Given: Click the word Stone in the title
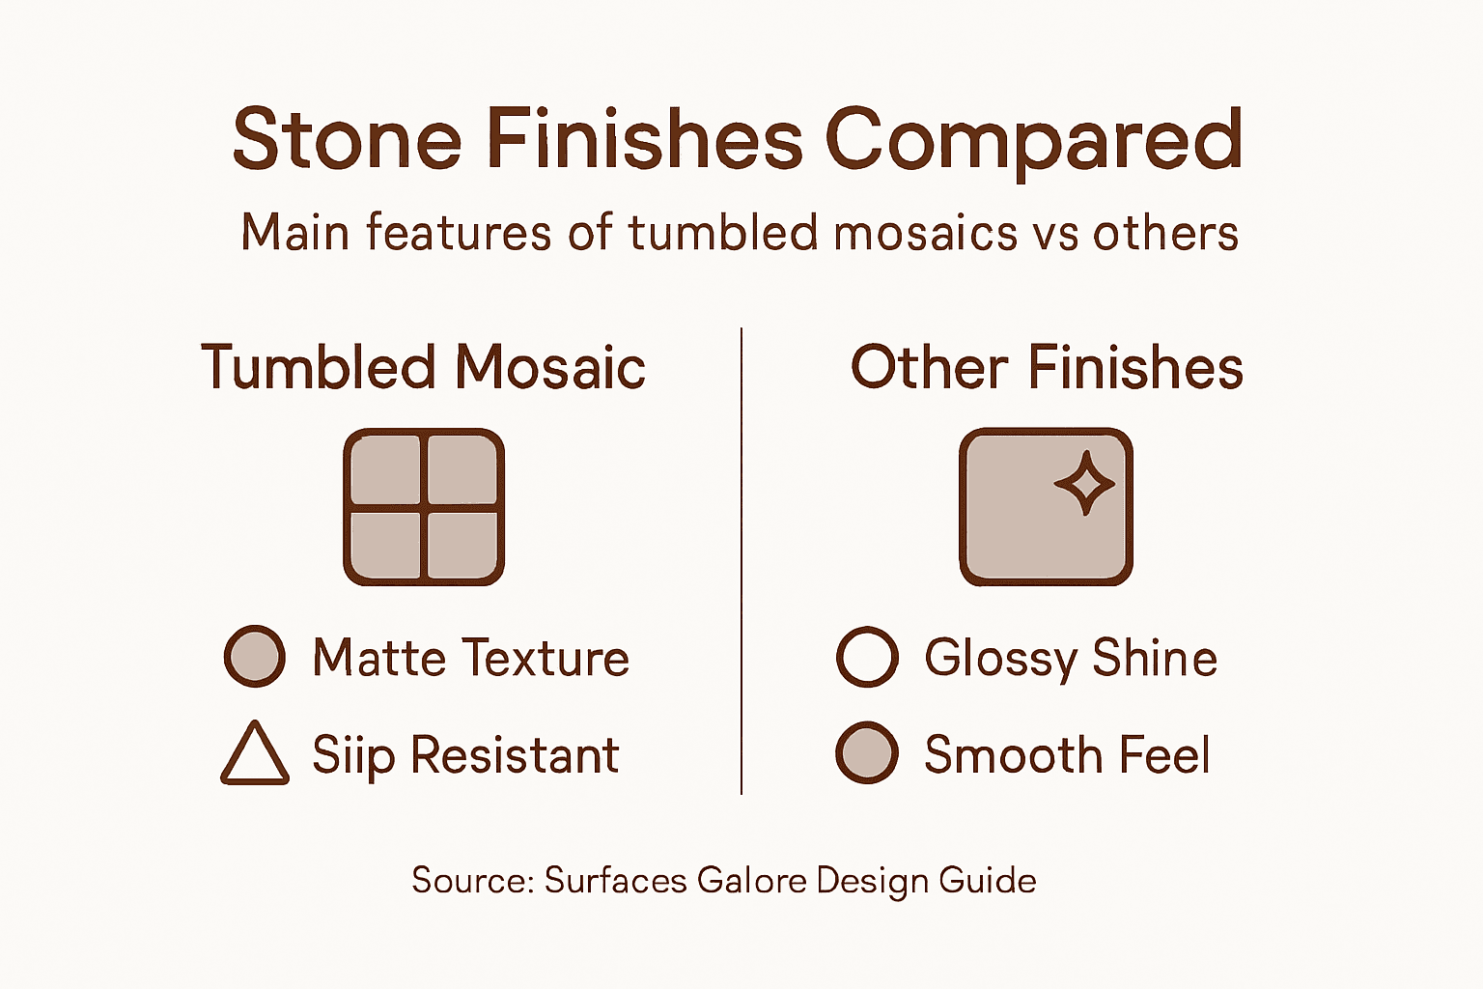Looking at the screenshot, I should (348, 140).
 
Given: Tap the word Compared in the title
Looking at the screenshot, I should (1032, 140).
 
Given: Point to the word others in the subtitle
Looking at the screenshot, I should (1165, 234).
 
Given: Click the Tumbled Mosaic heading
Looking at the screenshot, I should (423, 368).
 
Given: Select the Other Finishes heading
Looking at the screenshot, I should (1047, 368).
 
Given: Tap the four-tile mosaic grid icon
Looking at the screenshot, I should (424, 507).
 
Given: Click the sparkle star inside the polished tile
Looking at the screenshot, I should (1084, 482).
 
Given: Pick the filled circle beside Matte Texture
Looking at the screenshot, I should (255, 657).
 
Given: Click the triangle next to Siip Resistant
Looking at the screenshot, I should (255, 755).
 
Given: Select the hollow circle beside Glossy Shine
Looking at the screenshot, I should (867, 657).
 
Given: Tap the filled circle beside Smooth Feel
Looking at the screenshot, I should (867, 753).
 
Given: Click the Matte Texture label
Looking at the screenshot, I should (470, 659).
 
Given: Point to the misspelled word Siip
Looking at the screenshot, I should (353, 755).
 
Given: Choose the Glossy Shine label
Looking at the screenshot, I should (1070, 659).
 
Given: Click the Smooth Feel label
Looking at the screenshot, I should (1067, 755).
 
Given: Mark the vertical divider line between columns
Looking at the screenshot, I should (741, 560).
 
